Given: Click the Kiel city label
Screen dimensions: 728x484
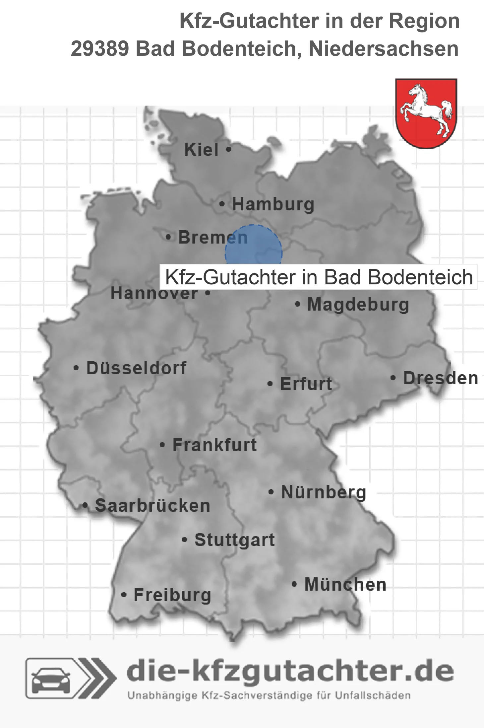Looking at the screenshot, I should [x=201, y=150].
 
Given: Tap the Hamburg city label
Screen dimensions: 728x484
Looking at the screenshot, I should [x=273, y=204].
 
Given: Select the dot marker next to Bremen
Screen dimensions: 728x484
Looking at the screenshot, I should [x=168, y=237].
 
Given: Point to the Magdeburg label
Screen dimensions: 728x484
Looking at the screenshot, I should [x=358, y=305].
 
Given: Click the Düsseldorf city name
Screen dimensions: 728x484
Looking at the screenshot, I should [x=136, y=368].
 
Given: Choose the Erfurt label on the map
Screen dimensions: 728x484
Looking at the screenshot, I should [x=306, y=384].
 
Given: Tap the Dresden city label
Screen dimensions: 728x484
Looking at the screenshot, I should [x=441, y=378].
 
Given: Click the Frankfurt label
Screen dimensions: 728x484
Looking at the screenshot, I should [x=214, y=445].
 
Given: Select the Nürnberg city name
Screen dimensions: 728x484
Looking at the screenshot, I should [x=324, y=492].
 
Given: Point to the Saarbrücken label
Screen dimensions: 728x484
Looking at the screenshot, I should [x=152, y=506].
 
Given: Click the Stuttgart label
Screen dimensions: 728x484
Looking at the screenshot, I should [x=234, y=540].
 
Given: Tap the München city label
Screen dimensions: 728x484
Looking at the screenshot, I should [x=345, y=584].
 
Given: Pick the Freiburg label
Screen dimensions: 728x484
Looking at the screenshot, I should [x=172, y=595].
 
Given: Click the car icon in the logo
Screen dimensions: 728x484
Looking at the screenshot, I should [x=51, y=680].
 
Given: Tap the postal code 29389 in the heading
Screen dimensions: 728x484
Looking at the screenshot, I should [x=99, y=49].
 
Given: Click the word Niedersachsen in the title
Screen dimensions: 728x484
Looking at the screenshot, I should [x=384, y=49].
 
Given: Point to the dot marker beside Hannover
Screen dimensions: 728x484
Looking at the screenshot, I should [x=208, y=293].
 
